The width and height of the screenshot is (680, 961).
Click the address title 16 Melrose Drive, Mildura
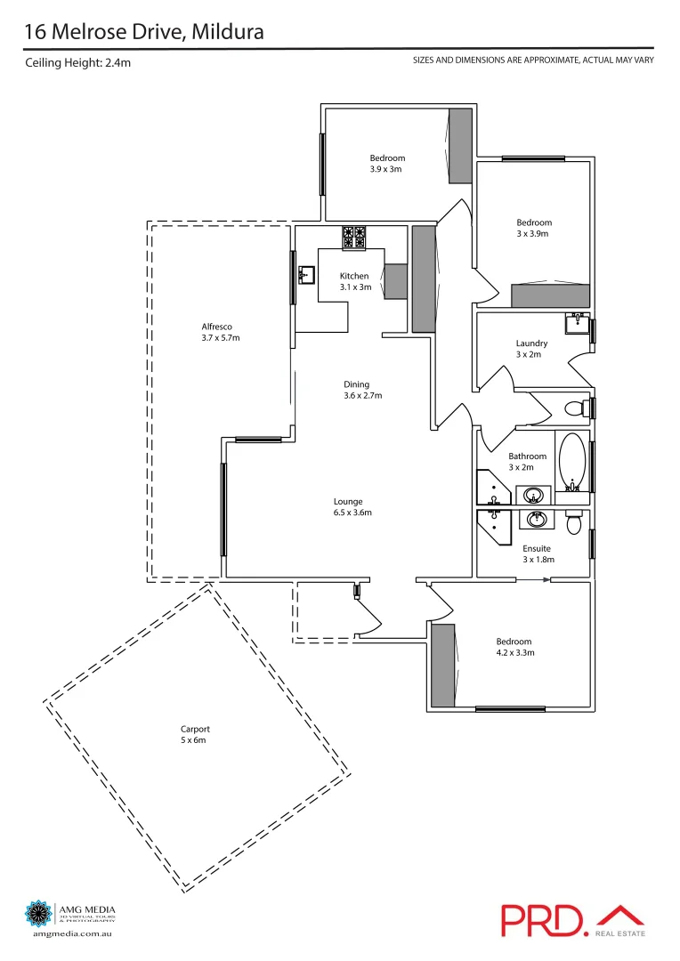click(x=143, y=32)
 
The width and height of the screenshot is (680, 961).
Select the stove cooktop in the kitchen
click(x=352, y=238)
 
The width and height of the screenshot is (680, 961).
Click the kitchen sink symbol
click(x=307, y=274)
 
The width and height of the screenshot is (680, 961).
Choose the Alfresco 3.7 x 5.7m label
click(x=221, y=332)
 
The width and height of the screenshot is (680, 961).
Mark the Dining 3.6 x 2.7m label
click(x=362, y=390)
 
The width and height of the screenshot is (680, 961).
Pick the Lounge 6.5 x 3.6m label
click(x=352, y=506)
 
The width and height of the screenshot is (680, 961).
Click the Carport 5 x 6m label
click(x=195, y=734)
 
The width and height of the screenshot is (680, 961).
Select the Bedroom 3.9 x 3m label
click(x=387, y=163)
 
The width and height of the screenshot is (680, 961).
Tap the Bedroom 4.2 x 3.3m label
click(x=514, y=647)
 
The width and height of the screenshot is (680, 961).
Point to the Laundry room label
click(x=531, y=348)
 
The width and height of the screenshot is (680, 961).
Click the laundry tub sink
click(x=577, y=323)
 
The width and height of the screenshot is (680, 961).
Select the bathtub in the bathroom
click(x=572, y=462)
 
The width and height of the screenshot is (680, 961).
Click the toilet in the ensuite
click(x=574, y=521)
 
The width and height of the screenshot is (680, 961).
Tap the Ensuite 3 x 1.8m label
click(x=538, y=553)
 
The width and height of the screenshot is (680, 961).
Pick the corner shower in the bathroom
click(x=491, y=489)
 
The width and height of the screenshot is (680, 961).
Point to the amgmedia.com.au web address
click(x=70, y=933)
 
